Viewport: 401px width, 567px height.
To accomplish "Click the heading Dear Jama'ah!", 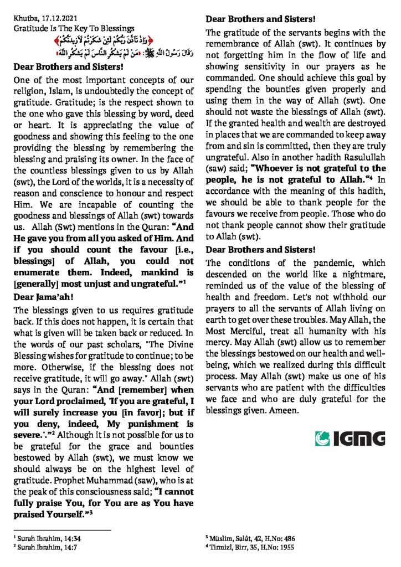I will tap(42, 297).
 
